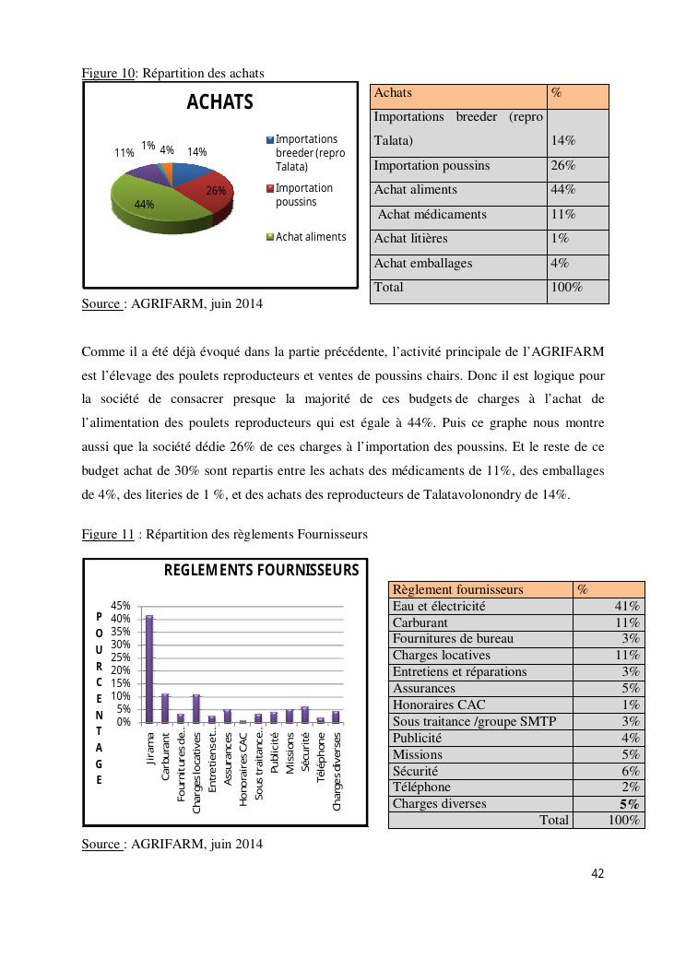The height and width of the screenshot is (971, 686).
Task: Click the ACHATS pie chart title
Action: point(219,102)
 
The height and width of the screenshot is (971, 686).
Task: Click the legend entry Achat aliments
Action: point(311,237)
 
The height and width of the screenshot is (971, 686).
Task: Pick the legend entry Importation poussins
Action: point(304,195)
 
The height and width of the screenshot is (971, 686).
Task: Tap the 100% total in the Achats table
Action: point(567,288)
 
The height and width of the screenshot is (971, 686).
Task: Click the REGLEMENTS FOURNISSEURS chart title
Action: point(261,571)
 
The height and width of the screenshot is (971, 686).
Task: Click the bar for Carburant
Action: point(165,707)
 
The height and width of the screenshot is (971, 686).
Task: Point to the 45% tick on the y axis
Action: point(121,606)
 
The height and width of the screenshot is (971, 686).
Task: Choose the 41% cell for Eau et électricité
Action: point(627,607)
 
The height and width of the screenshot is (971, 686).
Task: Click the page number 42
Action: point(597,874)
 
